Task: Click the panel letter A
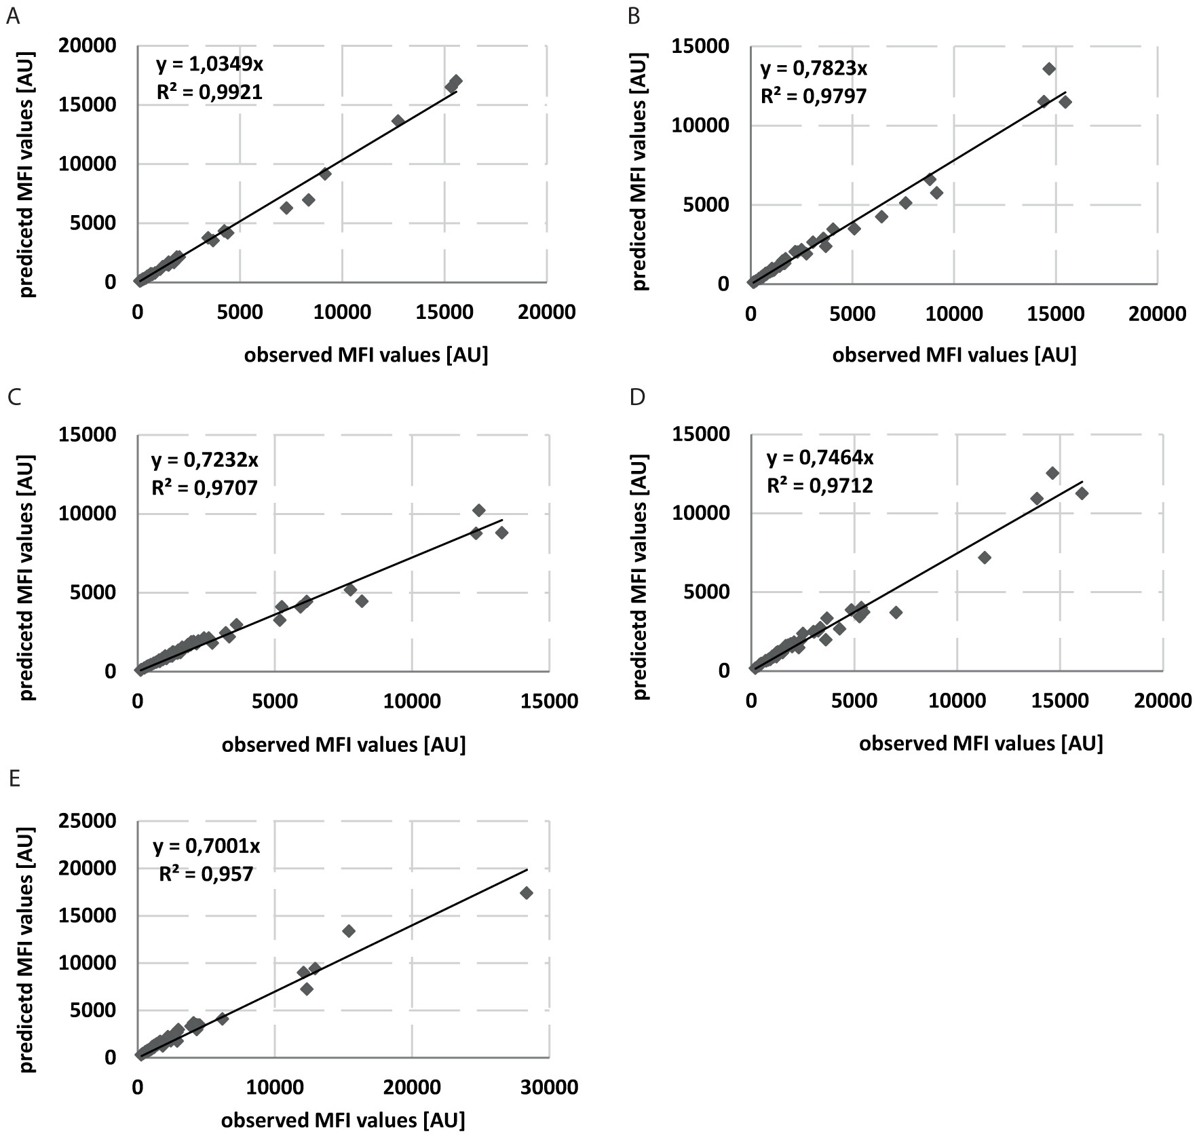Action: pyautogui.click(x=12, y=16)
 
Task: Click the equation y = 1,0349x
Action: pyautogui.click(x=209, y=65)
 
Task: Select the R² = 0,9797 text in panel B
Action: pyautogui.click(x=813, y=96)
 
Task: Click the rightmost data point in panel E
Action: pyautogui.click(x=526, y=893)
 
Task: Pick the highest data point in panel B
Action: pyautogui.click(x=1048, y=69)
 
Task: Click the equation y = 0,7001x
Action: pyautogui.click(x=206, y=846)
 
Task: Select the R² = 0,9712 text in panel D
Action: pyautogui.click(x=820, y=486)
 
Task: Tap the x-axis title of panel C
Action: pyautogui.click(x=343, y=744)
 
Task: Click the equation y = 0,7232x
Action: pyautogui.click(x=204, y=460)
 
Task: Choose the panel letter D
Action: pyautogui.click(x=637, y=397)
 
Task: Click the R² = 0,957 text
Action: pyautogui.click(x=206, y=873)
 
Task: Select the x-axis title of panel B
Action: pyautogui.click(x=954, y=355)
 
